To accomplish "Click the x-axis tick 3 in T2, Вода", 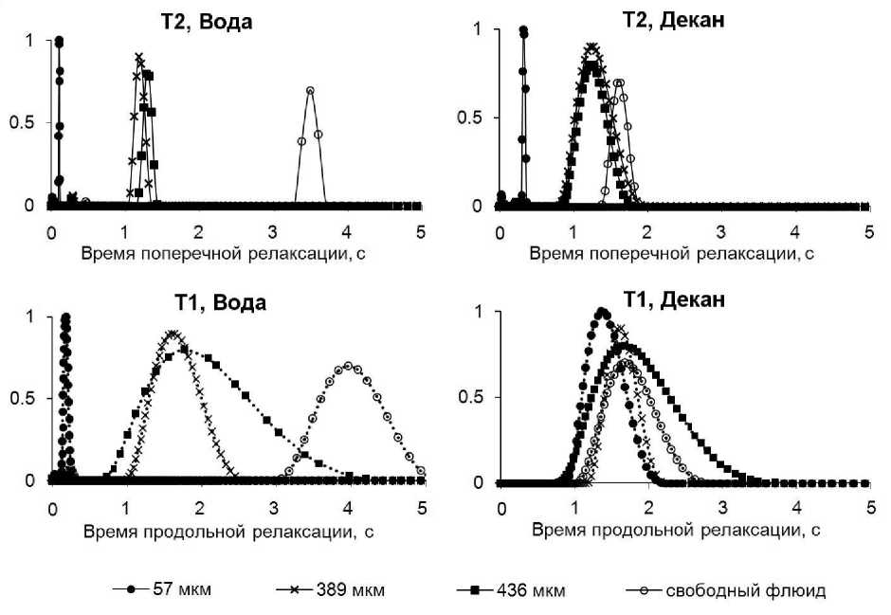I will pyautogui.click(x=272, y=230).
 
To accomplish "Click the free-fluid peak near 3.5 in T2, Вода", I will pyautogui.click(x=310, y=90).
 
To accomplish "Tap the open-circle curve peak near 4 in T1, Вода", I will pyautogui.click(x=348, y=366).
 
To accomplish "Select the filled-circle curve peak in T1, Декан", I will pyautogui.click(x=601, y=311).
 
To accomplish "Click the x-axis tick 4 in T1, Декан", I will pyautogui.click(x=794, y=508).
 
